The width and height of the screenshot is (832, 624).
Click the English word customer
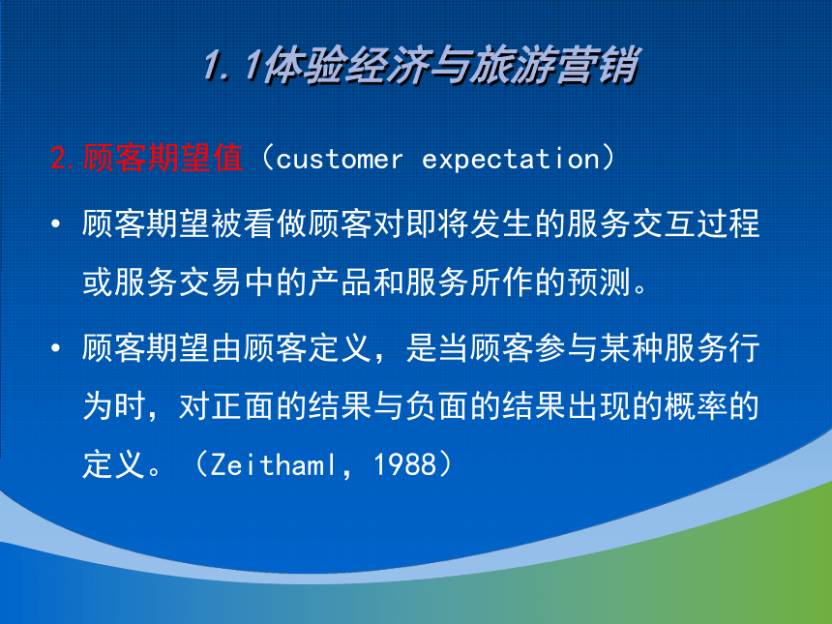tap(339, 160)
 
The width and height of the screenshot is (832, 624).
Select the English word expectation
tap(511, 160)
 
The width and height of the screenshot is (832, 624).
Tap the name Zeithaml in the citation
tap(273, 464)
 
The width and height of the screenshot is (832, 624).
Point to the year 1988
tap(404, 464)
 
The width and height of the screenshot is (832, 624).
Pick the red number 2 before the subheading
tap(60, 158)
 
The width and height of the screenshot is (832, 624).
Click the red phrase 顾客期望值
tap(163, 158)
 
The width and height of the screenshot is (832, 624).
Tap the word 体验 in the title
tap(304, 65)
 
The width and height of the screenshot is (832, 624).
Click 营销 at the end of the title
tap(596, 65)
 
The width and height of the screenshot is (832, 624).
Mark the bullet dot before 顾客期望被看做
tap(56, 223)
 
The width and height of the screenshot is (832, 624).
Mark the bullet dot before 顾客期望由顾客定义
tap(56, 348)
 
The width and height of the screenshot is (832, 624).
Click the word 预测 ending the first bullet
tap(599, 282)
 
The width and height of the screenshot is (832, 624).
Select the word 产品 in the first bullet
tap(341, 282)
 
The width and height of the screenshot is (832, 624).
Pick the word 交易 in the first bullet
tap(211, 282)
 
